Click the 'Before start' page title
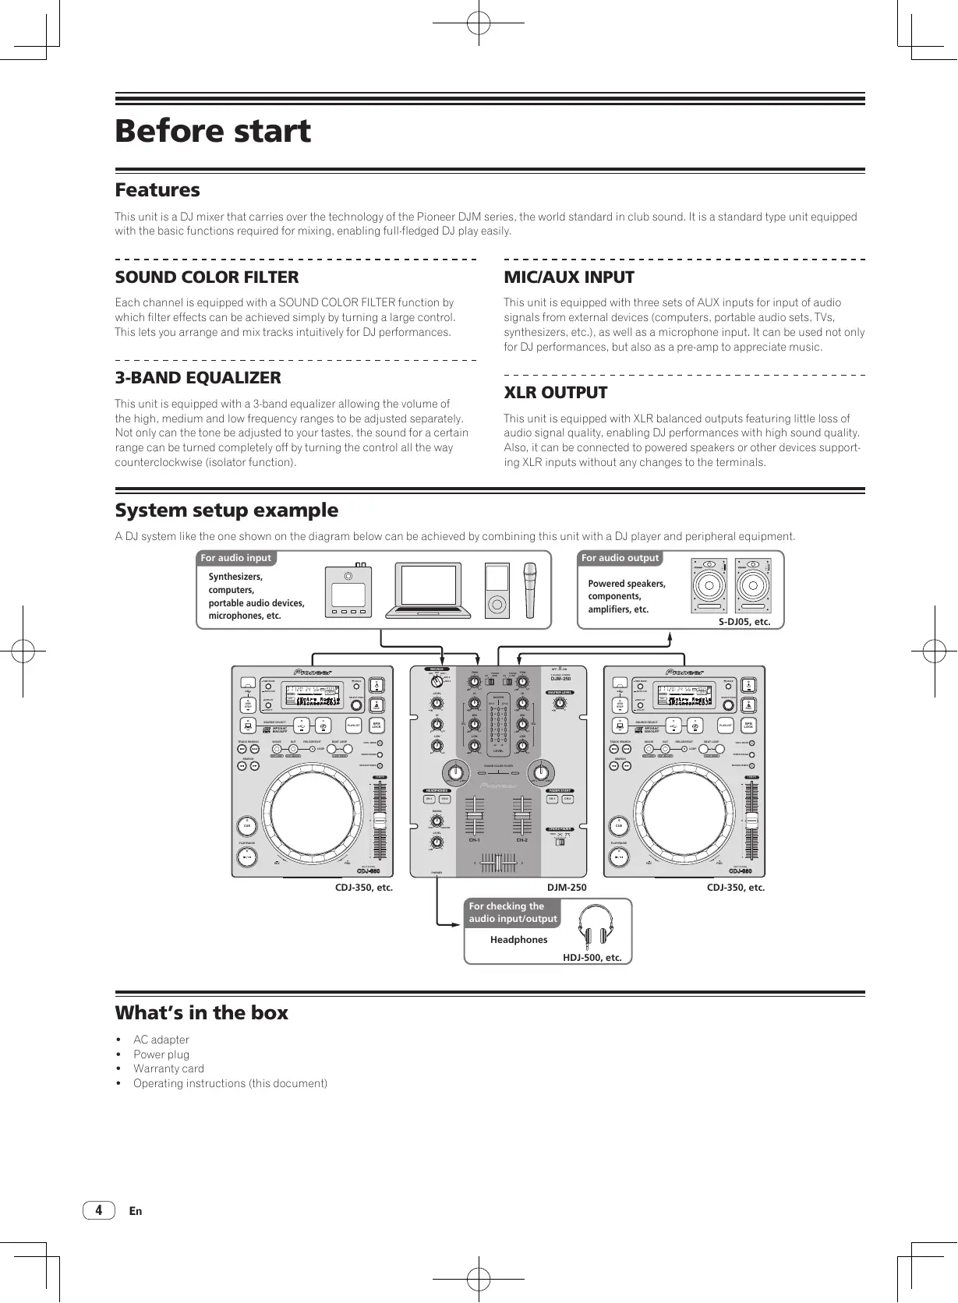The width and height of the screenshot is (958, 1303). (x=213, y=131)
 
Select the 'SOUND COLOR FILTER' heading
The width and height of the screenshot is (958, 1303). (x=207, y=277)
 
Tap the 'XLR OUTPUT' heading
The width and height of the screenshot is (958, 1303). (x=555, y=393)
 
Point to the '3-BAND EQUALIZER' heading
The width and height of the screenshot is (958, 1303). (x=198, y=378)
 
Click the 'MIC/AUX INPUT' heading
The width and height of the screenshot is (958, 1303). (x=569, y=277)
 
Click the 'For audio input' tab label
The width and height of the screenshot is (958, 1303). (x=235, y=558)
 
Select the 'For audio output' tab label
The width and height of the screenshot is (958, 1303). (x=620, y=558)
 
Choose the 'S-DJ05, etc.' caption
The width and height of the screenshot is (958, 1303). (x=744, y=622)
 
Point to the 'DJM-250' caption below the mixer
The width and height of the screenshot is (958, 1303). (x=567, y=888)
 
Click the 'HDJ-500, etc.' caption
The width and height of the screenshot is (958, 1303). (x=592, y=958)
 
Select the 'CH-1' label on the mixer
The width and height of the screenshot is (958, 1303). (x=473, y=841)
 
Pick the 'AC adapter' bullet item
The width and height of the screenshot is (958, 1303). (x=161, y=1040)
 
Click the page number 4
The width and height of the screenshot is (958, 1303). (x=98, y=1210)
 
